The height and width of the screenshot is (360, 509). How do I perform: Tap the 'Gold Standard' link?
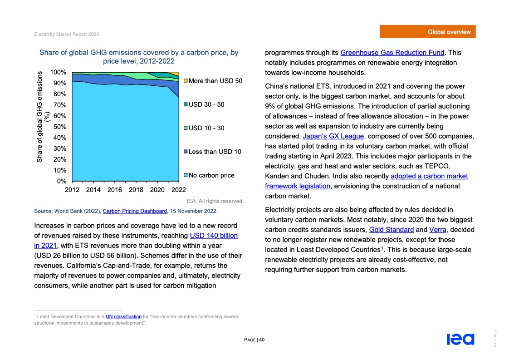391,229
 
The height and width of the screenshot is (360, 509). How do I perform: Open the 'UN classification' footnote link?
123,316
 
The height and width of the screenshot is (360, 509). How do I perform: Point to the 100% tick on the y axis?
58,72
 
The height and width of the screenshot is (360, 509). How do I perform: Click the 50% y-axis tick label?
59,127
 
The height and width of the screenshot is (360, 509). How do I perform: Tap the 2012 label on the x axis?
73,190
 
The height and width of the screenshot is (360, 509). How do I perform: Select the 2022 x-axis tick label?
178,190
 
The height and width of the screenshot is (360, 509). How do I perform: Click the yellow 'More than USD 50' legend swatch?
186,81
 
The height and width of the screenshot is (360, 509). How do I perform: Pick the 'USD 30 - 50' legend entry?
206,104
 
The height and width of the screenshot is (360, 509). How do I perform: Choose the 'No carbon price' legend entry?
211,175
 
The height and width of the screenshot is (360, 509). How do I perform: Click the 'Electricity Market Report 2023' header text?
67,35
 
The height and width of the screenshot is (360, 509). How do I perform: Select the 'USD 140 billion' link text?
213,236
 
